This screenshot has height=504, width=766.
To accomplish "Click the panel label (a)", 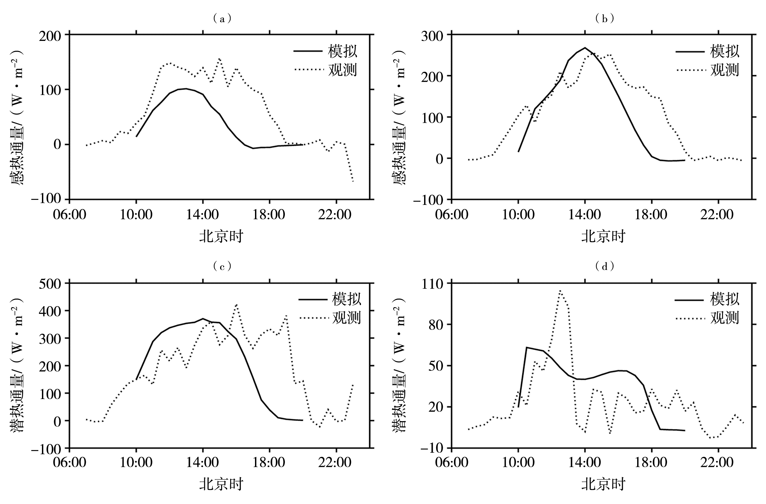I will click(x=222, y=19).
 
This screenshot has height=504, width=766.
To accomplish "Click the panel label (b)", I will click(x=604, y=19).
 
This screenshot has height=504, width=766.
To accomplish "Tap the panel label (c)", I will click(x=222, y=267).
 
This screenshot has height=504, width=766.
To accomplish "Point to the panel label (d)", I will click(x=604, y=267).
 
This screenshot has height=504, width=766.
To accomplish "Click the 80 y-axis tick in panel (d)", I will click(x=437, y=325).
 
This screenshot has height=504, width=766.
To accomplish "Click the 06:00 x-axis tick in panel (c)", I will click(x=69, y=463).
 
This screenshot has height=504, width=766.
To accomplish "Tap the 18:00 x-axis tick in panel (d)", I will click(x=651, y=463).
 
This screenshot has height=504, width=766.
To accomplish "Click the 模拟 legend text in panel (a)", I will click(x=343, y=51).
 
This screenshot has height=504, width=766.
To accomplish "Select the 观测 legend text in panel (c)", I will click(x=347, y=318).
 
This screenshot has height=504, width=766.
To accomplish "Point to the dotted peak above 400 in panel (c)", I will click(x=236, y=304).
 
